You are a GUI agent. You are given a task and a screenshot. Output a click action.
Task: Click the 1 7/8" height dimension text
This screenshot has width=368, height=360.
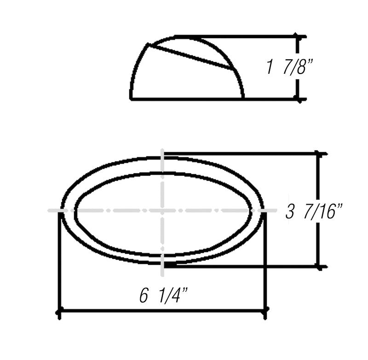click(x=289, y=68)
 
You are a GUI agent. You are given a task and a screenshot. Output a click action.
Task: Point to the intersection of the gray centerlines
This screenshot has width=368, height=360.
click(x=162, y=211)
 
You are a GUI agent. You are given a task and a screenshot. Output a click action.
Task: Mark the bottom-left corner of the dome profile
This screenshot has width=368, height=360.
click(x=131, y=98)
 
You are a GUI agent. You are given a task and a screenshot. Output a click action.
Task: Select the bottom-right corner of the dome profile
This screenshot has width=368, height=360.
click(x=243, y=98)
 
